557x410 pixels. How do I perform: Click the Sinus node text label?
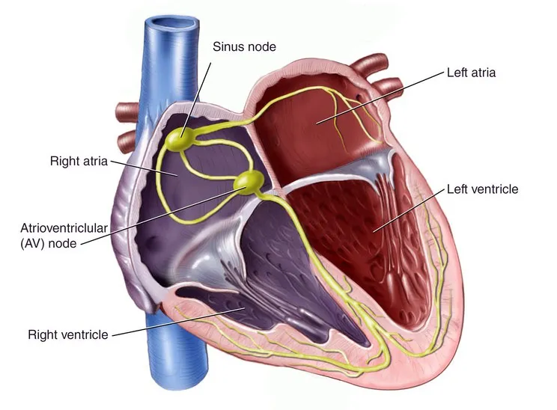point(244,46)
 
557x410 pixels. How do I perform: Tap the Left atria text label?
point(471,73)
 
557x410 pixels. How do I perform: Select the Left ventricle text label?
point(482,189)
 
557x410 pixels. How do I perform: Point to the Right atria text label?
point(79,161)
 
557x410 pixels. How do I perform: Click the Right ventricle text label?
point(68,334)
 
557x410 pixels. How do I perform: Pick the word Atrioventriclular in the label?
point(64,228)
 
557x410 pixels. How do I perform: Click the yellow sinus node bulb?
point(180,138)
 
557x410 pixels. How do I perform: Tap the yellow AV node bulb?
point(249,181)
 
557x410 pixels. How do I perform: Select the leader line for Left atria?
point(380,97)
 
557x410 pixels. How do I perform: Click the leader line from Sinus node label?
point(195,100)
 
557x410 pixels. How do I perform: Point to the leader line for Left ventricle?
point(409,210)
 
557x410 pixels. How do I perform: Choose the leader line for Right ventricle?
point(179,321)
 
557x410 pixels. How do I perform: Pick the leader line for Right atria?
point(144,168)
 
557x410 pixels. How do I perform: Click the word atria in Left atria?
point(483,73)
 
